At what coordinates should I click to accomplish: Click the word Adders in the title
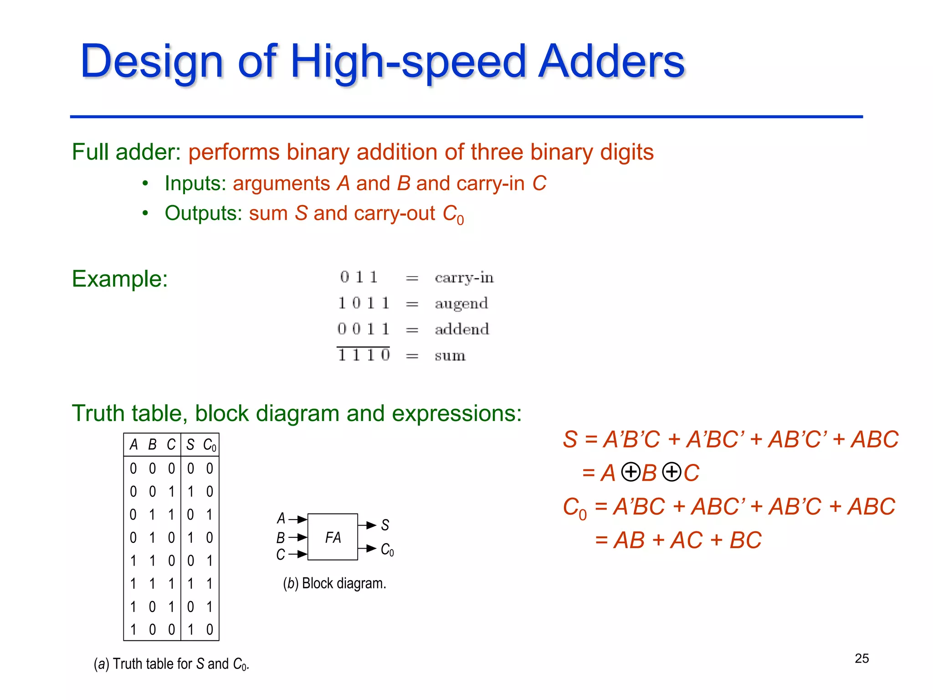point(611,61)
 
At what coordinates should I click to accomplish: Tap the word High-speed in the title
point(408,62)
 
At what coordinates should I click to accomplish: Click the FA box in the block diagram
point(333,537)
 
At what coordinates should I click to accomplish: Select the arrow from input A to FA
point(297,519)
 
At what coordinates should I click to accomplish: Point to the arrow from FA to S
point(367,525)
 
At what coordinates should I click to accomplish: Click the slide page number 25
point(861,658)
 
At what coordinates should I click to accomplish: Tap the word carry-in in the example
point(464,277)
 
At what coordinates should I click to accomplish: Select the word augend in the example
point(461,304)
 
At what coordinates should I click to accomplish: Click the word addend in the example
point(461,329)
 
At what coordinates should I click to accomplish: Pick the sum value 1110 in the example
point(364,355)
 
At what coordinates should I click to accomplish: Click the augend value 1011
point(364,303)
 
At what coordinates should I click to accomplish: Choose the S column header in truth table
point(190,445)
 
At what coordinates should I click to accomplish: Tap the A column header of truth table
point(133,445)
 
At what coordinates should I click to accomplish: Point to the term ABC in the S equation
point(875,440)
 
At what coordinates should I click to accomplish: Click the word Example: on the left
point(120,278)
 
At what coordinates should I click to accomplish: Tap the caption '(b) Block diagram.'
point(334,583)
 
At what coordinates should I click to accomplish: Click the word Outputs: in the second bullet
point(203,213)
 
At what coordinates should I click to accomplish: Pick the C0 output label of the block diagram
point(387,550)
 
